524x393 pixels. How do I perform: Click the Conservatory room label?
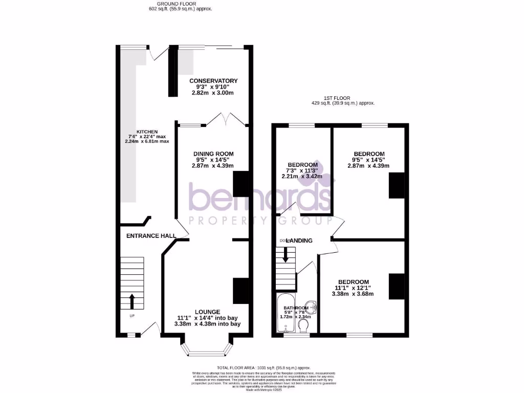click(213, 81)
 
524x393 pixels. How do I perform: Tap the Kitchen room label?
click(147, 132)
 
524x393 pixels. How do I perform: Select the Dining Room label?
click(213, 154)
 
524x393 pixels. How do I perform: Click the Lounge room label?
click(207, 312)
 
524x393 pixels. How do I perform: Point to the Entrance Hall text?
click(151, 236)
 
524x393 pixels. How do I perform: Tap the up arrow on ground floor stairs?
click(132, 301)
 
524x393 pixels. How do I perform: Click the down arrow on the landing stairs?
click(285, 256)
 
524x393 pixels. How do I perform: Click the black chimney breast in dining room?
click(241, 184)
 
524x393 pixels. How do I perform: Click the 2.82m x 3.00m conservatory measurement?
click(212, 93)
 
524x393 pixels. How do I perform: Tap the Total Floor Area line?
click(264, 368)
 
